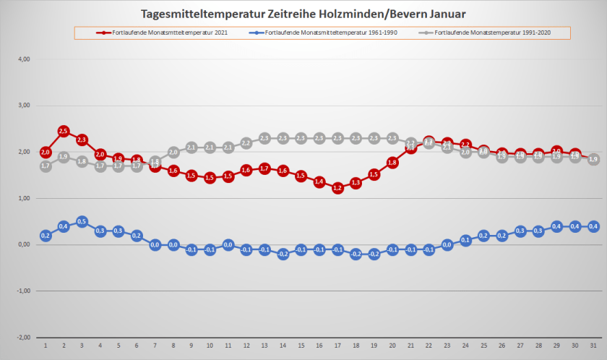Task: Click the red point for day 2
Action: [64, 131]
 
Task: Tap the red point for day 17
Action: [337, 188]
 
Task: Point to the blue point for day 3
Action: [82, 221]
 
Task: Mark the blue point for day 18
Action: [356, 254]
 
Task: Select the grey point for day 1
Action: [46, 166]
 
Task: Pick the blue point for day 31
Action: [593, 226]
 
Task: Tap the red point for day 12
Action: [246, 170]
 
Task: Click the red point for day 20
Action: [392, 163]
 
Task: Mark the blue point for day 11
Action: [228, 244]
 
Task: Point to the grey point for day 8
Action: [173, 152]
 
